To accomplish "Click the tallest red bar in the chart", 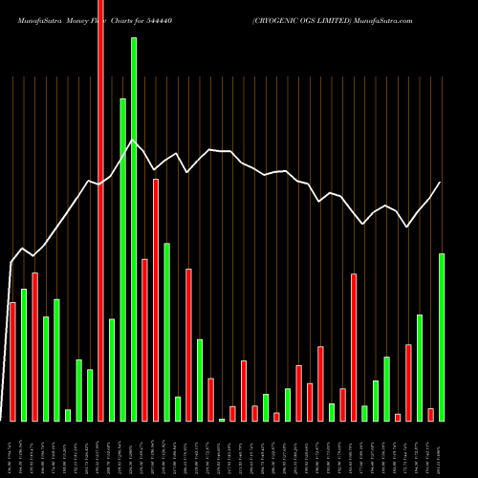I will point(101,210).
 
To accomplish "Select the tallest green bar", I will point(134,229).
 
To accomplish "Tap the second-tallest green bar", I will point(123,259).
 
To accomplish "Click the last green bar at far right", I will point(442,337).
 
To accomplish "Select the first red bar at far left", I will point(12,361).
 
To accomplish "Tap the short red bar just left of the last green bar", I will point(431,414).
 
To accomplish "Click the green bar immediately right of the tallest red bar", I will point(112,369).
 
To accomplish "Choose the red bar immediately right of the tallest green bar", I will point(144,339).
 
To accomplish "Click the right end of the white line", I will point(441,183).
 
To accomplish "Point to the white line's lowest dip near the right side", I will point(407,227).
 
